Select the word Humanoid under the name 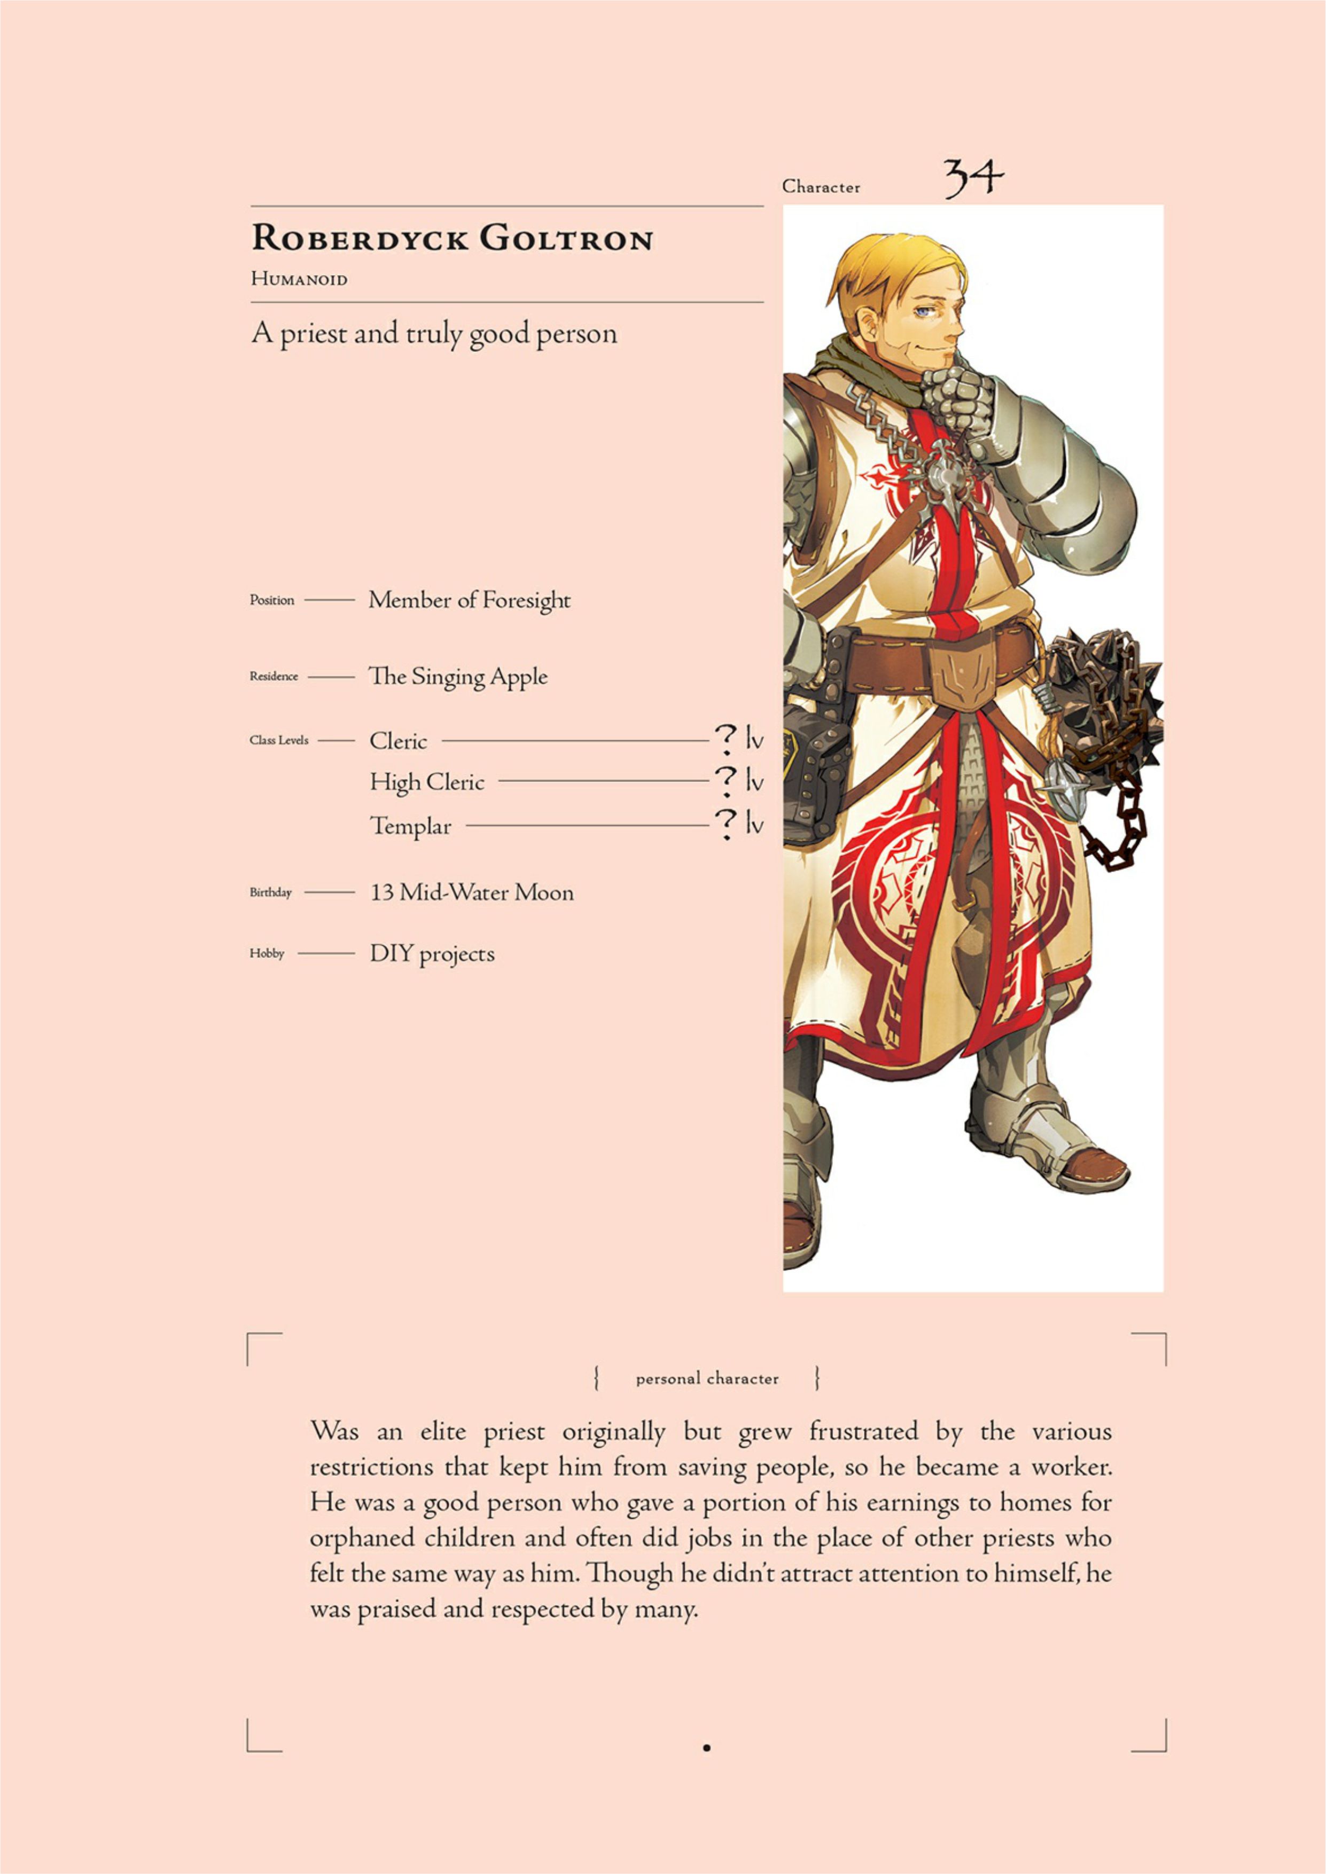pyautogui.click(x=299, y=279)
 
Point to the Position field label pyautogui.click(x=272, y=600)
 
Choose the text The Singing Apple pyautogui.click(x=457, y=677)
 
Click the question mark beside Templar pyautogui.click(x=725, y=824)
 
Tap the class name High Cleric pyautogui.click(x=426, y=782)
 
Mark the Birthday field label pyautogui.click(x=270, y=892)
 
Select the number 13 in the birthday pyautogui.click(x=381, y=892)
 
